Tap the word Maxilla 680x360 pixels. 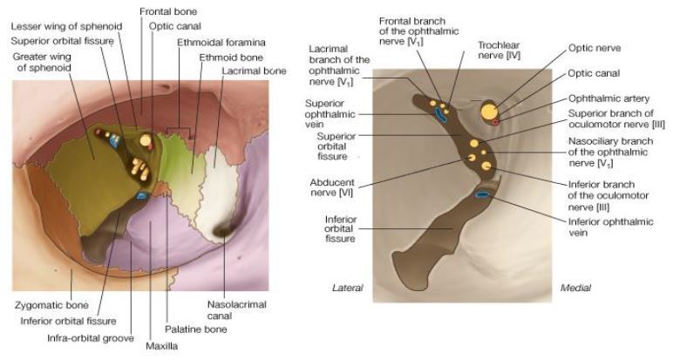(x=162, y=346)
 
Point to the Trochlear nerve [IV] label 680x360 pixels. (x=500, y=49)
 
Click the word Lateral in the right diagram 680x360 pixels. (x=347, y=288)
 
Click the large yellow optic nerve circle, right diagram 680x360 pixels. (x=490, y=112)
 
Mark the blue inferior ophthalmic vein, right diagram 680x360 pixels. (x=480, y=194)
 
